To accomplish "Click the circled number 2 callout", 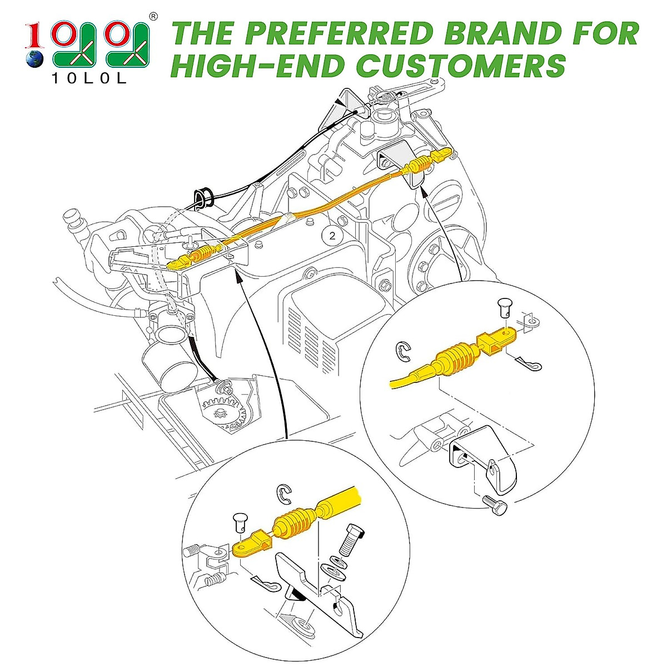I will coord(332,235).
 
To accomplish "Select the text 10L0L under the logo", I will coord(89,78).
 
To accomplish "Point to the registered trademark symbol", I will coord(153,16).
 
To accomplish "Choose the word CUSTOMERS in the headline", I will coord(461,65).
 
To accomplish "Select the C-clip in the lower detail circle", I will coord(285,492).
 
